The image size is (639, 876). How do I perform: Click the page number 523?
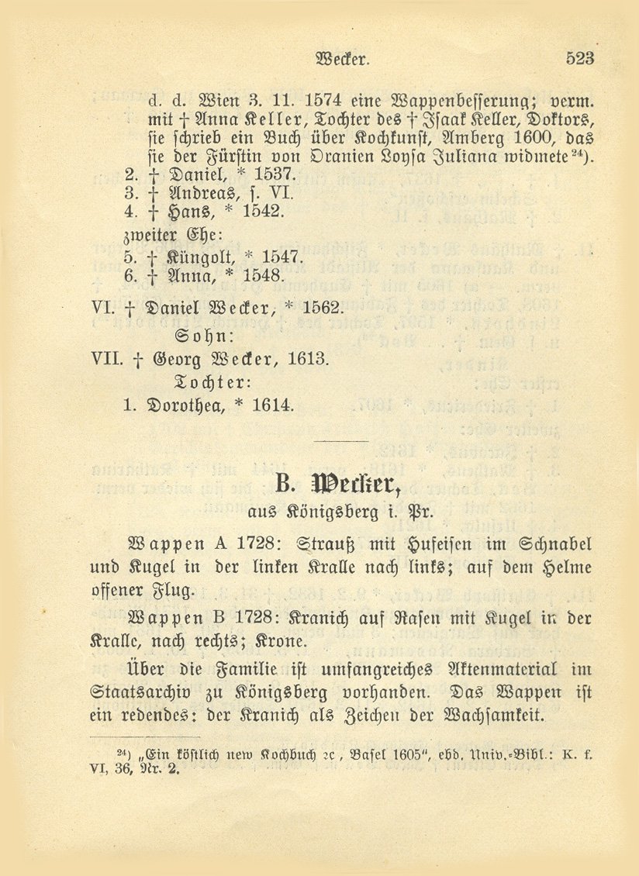pyautogui.click(x=579, y=57)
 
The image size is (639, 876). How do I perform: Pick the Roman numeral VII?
pyautogui.click(x=107, y=359)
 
